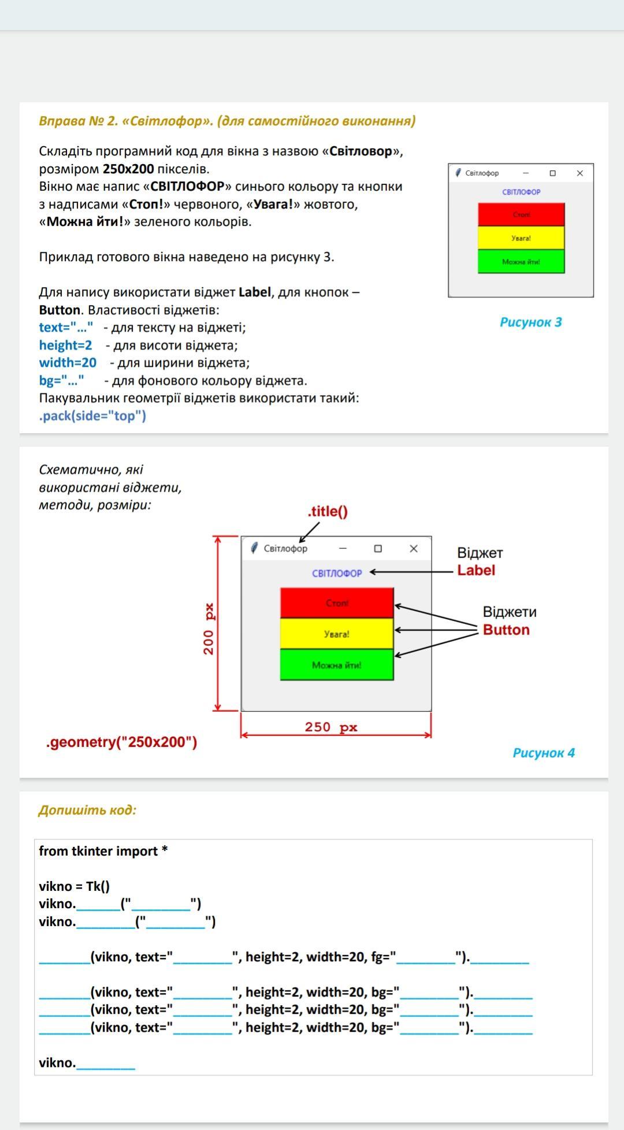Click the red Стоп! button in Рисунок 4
pyautogui.click(x=337, y=603)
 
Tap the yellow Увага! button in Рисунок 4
pyautogui.click(x=337, y=634)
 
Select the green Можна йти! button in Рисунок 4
pyautogui.click(x=337, y=665)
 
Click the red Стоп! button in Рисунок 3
pyautogui.click(x=521, y=214)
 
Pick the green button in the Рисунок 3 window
pyautogui.click(x=521, y=262)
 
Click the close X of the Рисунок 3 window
pyautogui.click(x=580, y=173)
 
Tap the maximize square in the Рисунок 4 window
pyautogui.click(x=378, y=549)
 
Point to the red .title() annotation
pyautogui.click(x=328, y=511)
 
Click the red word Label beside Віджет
pyautogui.click(x=476, y=570)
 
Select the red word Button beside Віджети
pyautogui.click(x=506, y=630)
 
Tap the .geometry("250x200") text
pyautogui.click(x=121, y=742)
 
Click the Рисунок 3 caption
pyautogui.click(x=530, y=322)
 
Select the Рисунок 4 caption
pyautogui.click(x=544, y=753)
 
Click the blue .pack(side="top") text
pyautogui.click(x=92, y=416)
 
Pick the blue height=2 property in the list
pyautogui.click(x=65, y=345)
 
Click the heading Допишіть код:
pyautogui.click(x=87, y=810)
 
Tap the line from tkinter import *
pyautogui.click(x=103, y=851)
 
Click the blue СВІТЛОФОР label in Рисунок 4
pyautogui.click(x=337, y=573)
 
